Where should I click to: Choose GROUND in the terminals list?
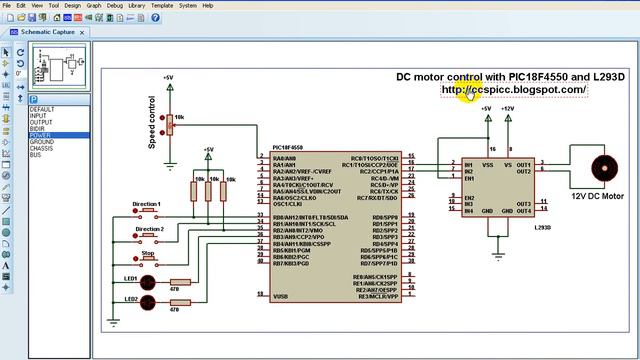[42, 142]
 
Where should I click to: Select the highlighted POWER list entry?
[40, 135]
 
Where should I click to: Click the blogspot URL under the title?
[514, 90]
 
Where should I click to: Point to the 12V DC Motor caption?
[597, 197]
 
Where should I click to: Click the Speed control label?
[152, 129]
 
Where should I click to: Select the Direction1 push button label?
[146, 204]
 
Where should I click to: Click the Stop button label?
[147, 253]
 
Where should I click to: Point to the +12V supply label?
[508, 108]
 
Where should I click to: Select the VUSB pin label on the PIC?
[280, 296]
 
